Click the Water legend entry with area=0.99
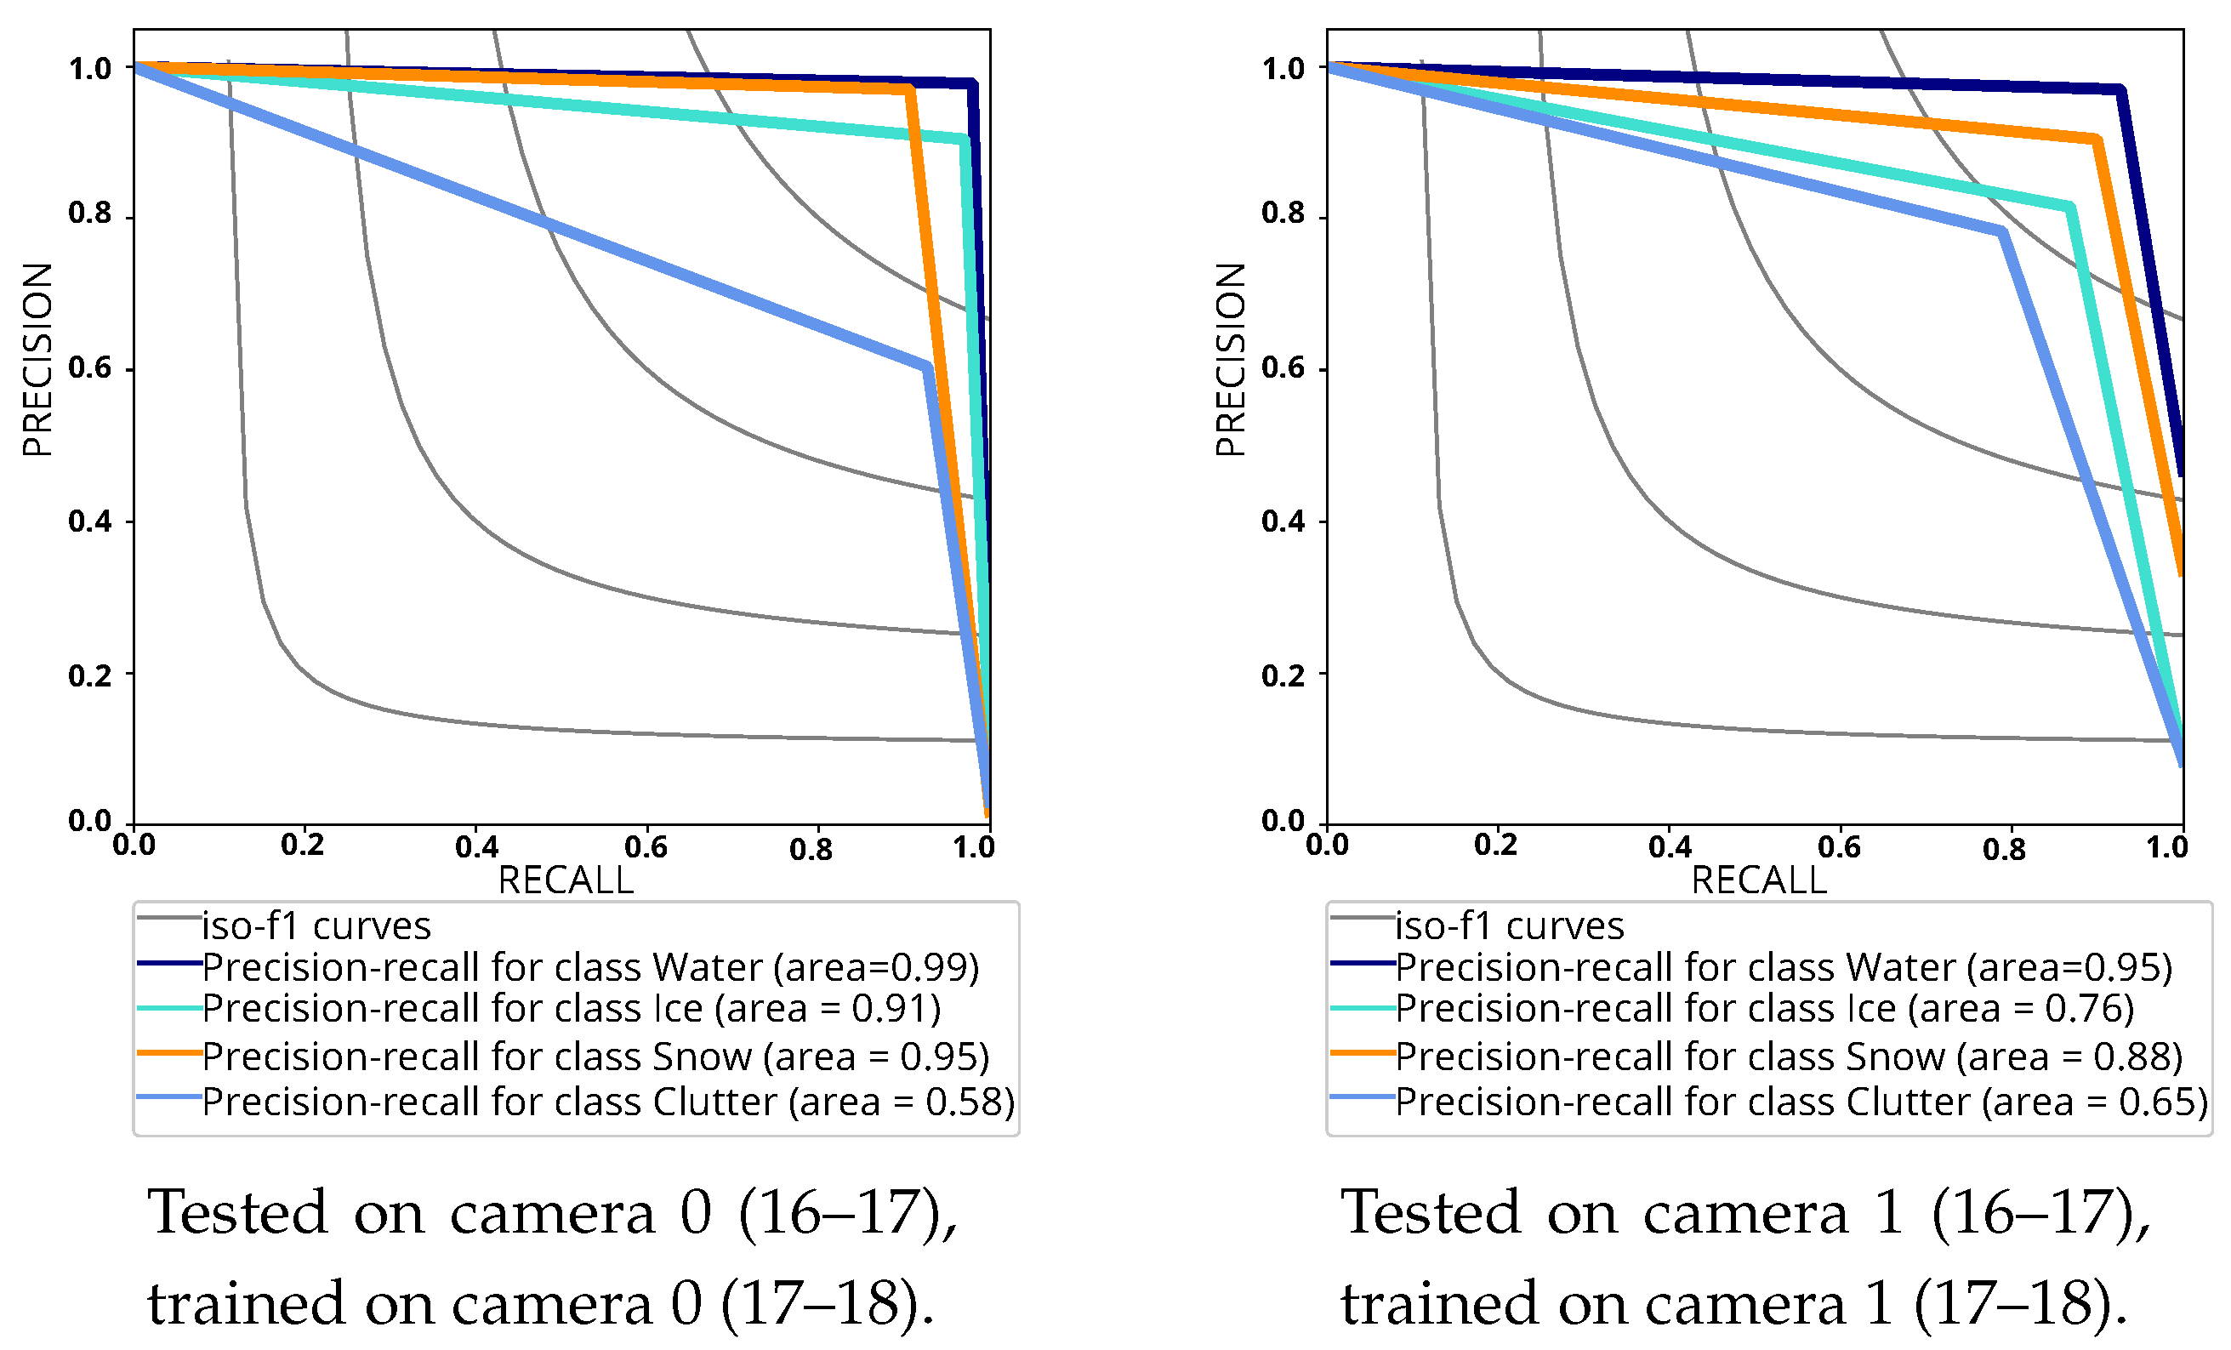(589, 968)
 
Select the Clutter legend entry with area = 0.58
(607, 1102)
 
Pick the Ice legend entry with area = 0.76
(1764, 1009)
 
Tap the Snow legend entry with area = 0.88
(1788, 1057)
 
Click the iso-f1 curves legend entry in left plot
(315, 926)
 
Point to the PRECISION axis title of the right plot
(1231, 360)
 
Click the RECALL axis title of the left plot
(566, 880)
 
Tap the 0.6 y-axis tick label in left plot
(89, 368)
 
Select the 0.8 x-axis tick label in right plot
(2004, 849)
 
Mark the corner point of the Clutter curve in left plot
(927, 367)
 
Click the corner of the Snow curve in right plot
(2097, 140)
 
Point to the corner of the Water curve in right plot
(2121, 89)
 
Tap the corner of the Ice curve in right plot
(2071, 208)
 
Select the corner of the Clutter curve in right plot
(2003, 231)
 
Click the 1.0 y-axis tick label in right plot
(1283, 69)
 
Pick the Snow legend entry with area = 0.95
(595, 1057)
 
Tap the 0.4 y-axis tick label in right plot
(1283, 521)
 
